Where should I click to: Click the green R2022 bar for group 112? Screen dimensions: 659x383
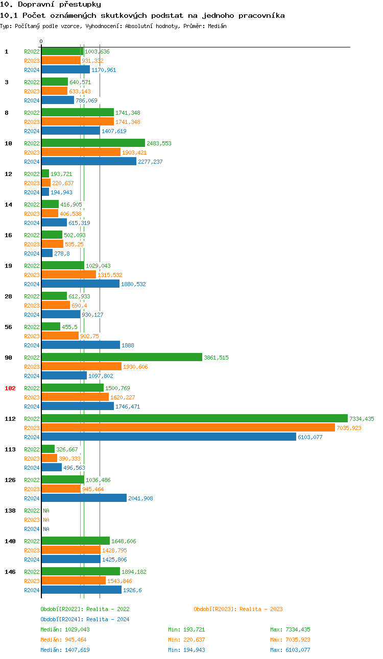coord(194,419)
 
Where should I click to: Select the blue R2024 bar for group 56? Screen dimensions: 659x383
coord(81,345)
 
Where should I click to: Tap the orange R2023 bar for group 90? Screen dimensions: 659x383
coord(81,367)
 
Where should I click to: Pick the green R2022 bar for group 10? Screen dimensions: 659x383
coord(93,143)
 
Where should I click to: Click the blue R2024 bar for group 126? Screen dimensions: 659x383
coord(84,498)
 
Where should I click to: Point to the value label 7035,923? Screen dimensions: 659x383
coord(349,428)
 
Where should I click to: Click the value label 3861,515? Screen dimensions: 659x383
coord(216,358)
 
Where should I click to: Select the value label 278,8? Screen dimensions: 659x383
coord(62,254)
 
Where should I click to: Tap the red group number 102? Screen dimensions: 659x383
coord(10,388)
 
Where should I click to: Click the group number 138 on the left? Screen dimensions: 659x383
coord(10,511)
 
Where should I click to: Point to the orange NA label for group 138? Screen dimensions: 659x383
coord(46,520)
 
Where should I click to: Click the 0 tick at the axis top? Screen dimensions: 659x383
coord(41,41)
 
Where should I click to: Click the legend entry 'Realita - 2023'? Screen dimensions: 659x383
coord(238,609)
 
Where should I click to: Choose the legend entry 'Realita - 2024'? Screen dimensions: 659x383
coord(85,619)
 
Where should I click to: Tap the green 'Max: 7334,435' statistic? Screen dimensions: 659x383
coord(290,629)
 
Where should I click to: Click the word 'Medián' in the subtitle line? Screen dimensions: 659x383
coord(217,26)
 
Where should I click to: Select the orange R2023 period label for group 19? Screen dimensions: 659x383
coord(32,275)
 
